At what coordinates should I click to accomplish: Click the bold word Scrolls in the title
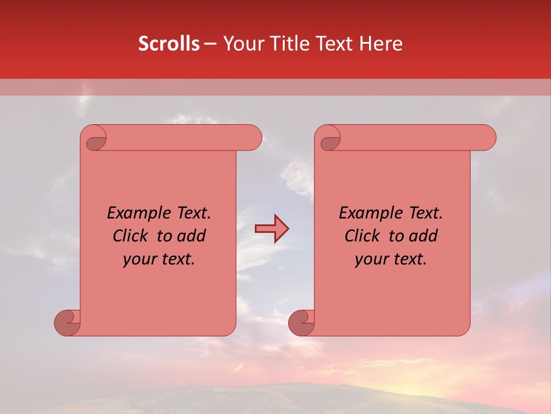click(x=169, y=44)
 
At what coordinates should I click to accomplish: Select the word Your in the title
click(x=242, y=44)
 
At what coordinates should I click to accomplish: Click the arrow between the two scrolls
click(x=271, y=229)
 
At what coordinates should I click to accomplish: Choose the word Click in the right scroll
click(x=362, y=236)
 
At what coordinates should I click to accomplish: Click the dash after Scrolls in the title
click(x=210, y=44)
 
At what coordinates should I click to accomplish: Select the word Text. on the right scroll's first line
click(x=425, y=213)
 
